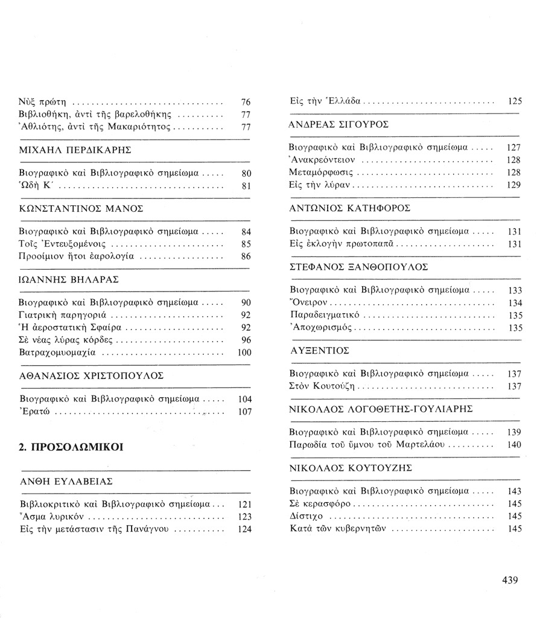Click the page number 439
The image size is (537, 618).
tap(510, 580)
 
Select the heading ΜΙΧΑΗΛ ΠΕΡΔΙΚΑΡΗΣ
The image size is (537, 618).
tap(75, 150)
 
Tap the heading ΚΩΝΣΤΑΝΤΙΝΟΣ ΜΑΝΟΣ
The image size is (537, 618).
tap(81, 208)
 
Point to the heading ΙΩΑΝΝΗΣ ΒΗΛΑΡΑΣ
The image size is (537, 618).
tap(69, 279)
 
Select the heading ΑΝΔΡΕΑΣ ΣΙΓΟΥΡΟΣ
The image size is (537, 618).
tap(339, 124)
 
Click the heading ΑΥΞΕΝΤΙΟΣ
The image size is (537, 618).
tap(320, 350)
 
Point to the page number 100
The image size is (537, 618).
tap(244, 353)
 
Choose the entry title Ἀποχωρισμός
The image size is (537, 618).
tap(321, 328)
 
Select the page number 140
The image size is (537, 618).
tap(514, 445)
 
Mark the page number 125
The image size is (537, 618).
tap(514, 101)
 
